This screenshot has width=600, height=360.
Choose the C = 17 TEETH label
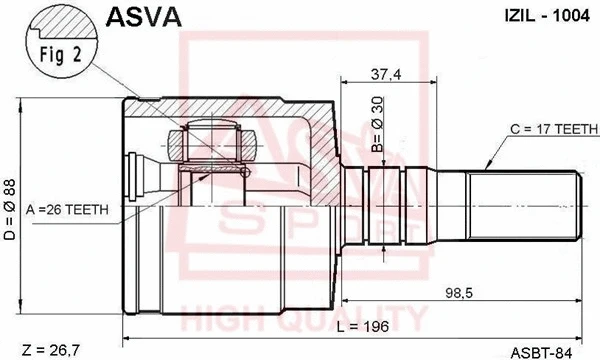click(549, 129)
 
